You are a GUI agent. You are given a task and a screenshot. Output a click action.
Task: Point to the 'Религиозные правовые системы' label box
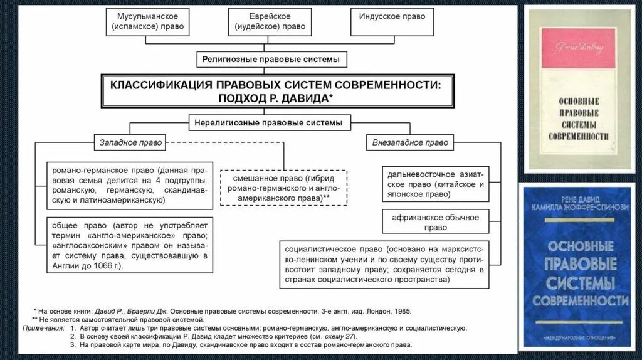coord(271,60)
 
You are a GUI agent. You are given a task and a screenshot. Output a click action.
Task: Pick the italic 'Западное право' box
coord(130,142)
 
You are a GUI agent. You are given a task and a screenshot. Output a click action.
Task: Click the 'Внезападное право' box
coord(410,142)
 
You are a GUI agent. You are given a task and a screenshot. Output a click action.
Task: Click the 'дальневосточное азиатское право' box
coord(436,184)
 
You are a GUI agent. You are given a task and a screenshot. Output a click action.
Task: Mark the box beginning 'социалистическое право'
coord(384,264)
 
